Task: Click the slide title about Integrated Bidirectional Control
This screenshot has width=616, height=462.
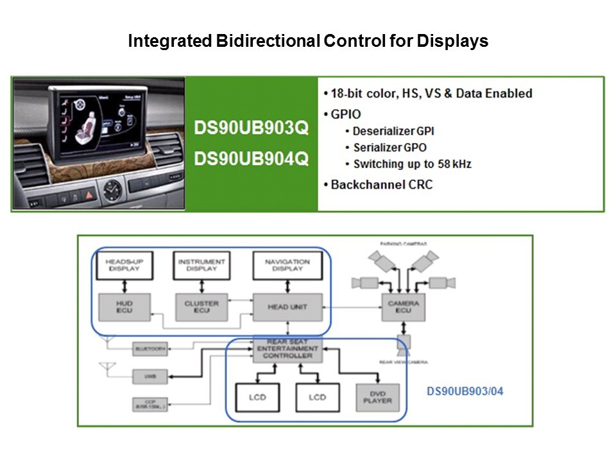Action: click(308, 42)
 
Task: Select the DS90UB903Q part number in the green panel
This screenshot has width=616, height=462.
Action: click(252, 128)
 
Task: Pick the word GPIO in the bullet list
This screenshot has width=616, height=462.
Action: click(346, 114)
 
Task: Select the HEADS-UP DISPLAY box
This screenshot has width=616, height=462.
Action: click(124, 266)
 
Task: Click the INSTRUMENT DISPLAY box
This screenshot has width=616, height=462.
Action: click(201, 266)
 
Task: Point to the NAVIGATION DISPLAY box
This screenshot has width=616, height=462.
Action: click(287, 266)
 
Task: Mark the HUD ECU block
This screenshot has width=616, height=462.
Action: click(124, 307)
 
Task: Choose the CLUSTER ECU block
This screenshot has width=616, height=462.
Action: click(201, 307)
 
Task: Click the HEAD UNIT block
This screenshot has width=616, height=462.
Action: click(287, 307)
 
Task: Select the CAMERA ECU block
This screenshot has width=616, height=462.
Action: click(404, 307)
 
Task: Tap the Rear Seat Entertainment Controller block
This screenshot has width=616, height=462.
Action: click(287, 349)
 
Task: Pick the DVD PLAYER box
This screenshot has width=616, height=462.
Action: click(377, 397)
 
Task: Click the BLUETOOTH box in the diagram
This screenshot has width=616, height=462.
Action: click(150, 348)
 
